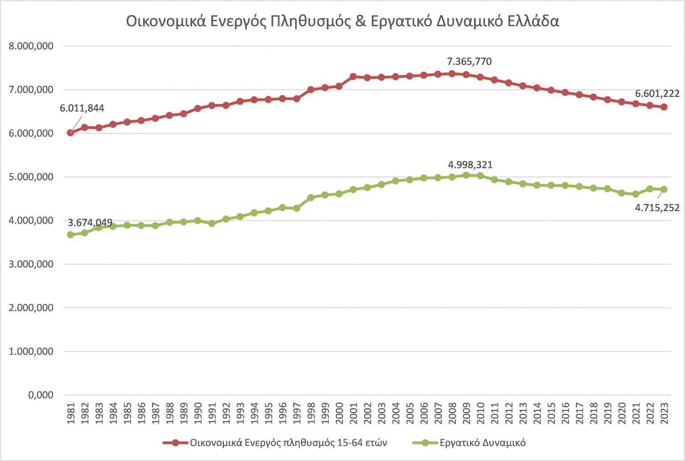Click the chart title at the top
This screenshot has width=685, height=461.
pyautogui.click(x=342, y=21)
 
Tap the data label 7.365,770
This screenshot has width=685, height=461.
pyautogui.click(x=469, y=62)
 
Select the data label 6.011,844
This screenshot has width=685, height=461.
pyautogui.click(x=82, y=108)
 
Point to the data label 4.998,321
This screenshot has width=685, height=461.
pyautogui.click(x=470, y=165)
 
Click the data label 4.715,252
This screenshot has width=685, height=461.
pyautogui.click(x=657, y=208)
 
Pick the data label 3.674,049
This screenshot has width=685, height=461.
pyautogui.click(x=90, y=223)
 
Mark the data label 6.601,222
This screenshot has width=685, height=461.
pyautogui.click(x=657, y=94)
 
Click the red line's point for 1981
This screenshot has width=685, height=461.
pyautogui.click(x=70, y=133)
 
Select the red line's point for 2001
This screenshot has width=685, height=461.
pyautogui.click(x=353, y=77)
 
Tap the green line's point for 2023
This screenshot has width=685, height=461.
pyautogui.click(x=664, y=189)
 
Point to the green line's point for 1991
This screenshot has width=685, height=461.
pyautogui.click(x=212, y=223)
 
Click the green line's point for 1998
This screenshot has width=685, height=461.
pyautogui.click(x=311, y=197)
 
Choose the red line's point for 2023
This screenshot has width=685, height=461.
pyautogui.click(x=664, y=107)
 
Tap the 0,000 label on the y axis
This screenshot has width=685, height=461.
pyautogui.click(x=41, y=395)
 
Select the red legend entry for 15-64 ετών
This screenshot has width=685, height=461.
pyautogui.click(x=288, y=443)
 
